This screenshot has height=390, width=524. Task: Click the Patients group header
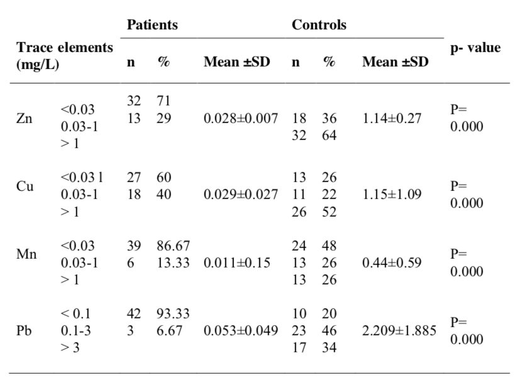(x=152, y=26)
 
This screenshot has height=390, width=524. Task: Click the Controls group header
(x=318, y=26)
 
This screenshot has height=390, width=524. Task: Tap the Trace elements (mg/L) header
(x=65, y=56)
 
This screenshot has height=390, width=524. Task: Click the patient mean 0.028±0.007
(x=240, y=119)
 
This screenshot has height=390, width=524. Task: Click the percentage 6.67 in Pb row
(x=169, y=331)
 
